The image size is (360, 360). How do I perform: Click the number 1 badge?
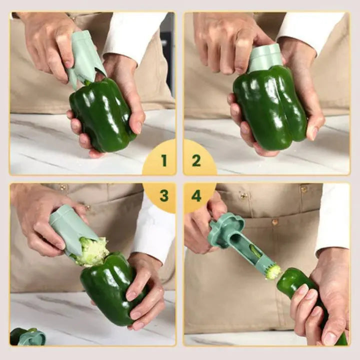point(163,160)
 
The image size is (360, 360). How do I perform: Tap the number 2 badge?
point(196,160)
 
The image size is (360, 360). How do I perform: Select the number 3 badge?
point(163,195)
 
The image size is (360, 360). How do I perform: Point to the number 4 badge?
point(196,195)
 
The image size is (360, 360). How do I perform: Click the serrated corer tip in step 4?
point(272,271)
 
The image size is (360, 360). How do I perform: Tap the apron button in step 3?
point(63,188)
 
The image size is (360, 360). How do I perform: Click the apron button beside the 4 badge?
point(243,195)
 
